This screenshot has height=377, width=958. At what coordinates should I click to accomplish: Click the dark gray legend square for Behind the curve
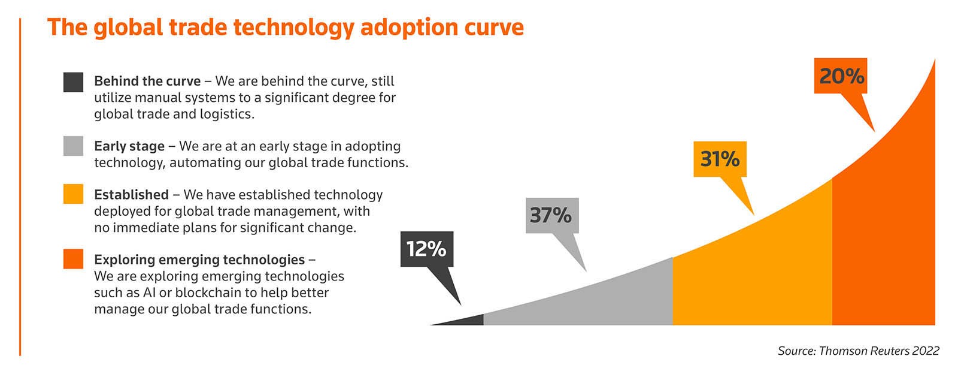click(73, 82)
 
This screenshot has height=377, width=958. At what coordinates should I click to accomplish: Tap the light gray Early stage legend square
click(73, 146)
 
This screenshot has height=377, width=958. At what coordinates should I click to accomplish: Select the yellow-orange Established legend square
click(73, 194)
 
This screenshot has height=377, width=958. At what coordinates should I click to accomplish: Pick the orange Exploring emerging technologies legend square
click(73, 259)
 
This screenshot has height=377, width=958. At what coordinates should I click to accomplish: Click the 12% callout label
click(427, 249)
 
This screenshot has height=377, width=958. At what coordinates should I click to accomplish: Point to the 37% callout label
click(552, 215)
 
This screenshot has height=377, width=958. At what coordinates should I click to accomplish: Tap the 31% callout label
click(720, 159)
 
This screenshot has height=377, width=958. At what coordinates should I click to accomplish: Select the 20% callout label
click(841, 76)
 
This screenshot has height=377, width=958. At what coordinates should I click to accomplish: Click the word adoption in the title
click(404, 28)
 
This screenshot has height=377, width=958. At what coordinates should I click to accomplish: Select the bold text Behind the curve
click(147, 81)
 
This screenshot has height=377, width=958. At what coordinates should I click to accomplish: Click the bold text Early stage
click(129, 146)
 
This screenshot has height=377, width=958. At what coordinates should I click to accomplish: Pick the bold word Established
click(132, 195)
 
